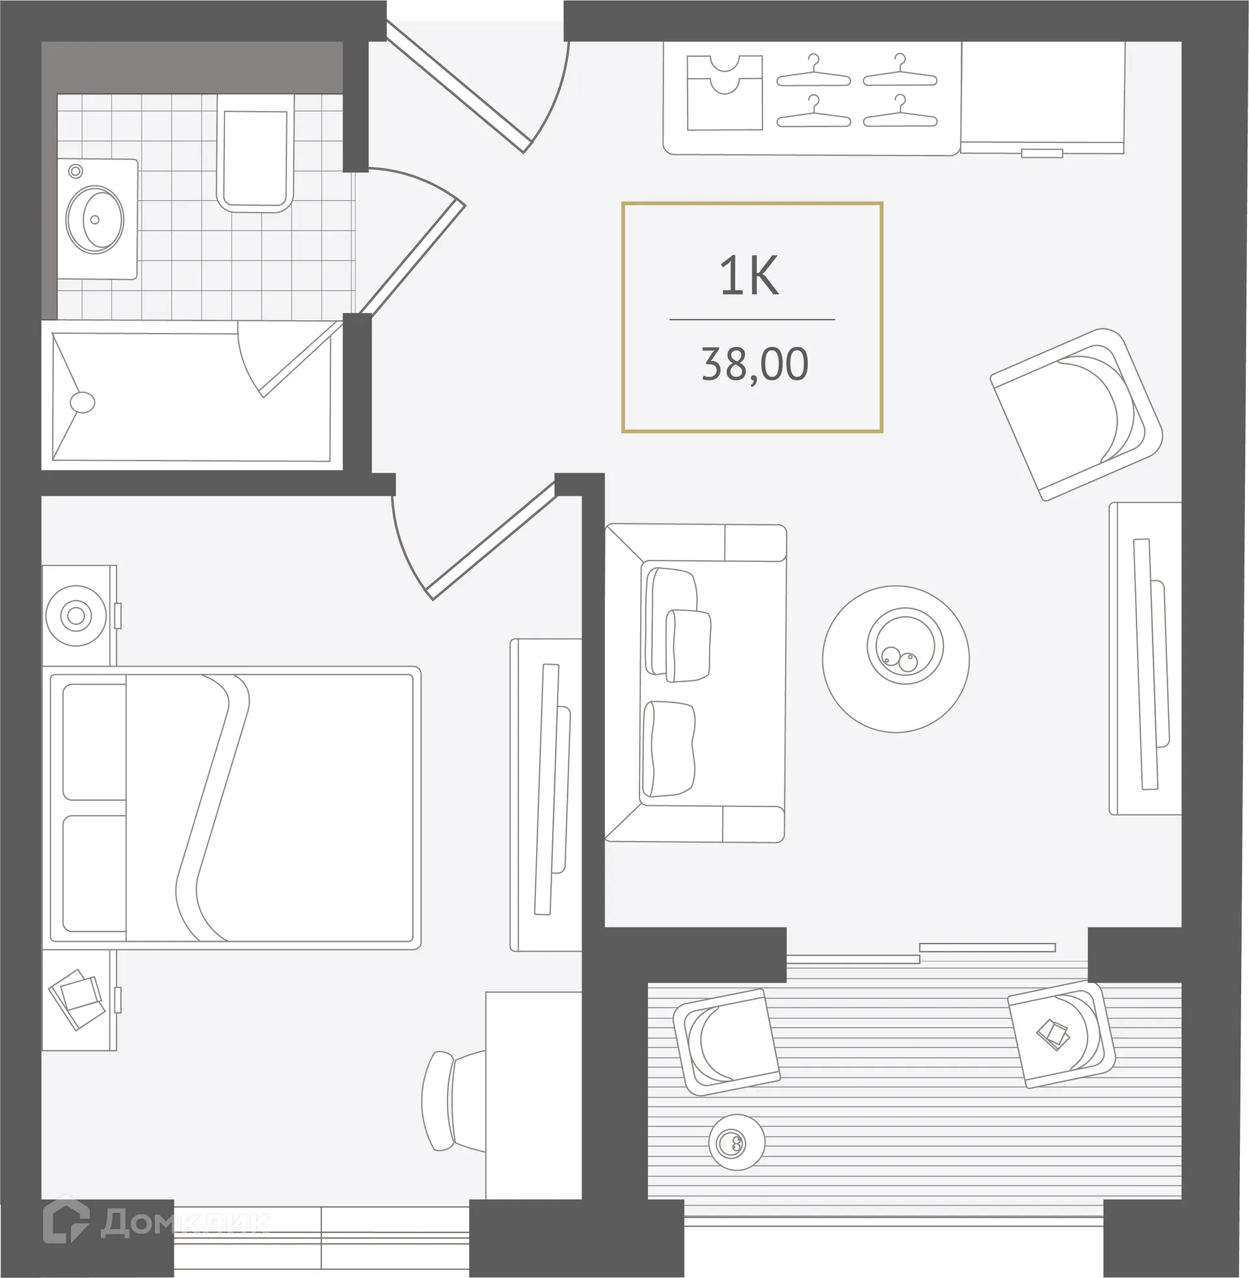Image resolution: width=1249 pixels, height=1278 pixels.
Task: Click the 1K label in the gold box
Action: [749, 276]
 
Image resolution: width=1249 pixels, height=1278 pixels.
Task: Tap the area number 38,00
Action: [755, 365]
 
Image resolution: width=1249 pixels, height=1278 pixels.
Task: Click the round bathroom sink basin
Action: [96, 220]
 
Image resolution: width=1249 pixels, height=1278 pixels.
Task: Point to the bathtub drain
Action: [82, 402]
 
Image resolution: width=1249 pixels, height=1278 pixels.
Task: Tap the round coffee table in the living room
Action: [896, 659]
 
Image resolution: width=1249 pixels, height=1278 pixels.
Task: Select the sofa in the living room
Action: [695, 682]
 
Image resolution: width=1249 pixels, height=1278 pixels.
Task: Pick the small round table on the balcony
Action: [736, 1142]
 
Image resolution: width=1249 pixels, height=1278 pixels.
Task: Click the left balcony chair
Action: [727, 1041]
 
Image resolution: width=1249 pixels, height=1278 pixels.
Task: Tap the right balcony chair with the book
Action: [1060, 1033]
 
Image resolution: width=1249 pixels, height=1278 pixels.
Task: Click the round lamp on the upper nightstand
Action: [76, 616]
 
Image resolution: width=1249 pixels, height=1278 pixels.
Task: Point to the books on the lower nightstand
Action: [77, 998]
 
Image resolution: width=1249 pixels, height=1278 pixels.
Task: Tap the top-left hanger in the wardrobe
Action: [813, 72]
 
